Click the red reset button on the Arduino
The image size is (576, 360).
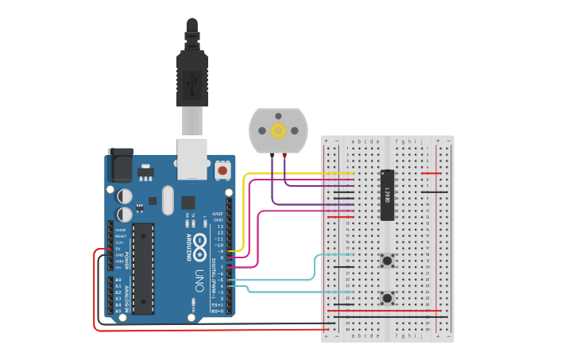point(222,170)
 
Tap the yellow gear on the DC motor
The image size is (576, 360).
point(278,130)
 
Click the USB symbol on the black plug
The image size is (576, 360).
point(192,82)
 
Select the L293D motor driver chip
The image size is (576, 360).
point(387,195)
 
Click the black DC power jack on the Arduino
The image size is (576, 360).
point(120,165)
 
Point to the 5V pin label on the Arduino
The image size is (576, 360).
point(118,249)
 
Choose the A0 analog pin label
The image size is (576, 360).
point(118,280)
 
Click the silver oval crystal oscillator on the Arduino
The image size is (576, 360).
point(167,199)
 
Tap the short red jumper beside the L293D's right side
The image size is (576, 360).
point(431,173)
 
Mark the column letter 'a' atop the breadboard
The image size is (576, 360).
point(353,141)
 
